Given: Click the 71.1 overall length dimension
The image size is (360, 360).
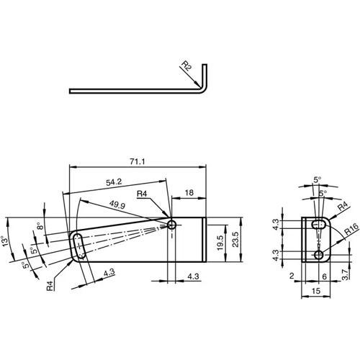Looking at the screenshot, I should (136, 161).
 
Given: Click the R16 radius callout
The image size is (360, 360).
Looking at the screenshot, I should (351, 232).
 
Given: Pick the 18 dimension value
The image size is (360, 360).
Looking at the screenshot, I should (189, 193).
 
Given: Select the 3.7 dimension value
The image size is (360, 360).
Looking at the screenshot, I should (346, 274).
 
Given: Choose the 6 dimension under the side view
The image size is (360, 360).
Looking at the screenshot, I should (325, 276).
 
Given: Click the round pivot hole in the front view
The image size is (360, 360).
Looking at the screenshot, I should (172, 225).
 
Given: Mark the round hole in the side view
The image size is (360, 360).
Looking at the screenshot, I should (318, 255).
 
